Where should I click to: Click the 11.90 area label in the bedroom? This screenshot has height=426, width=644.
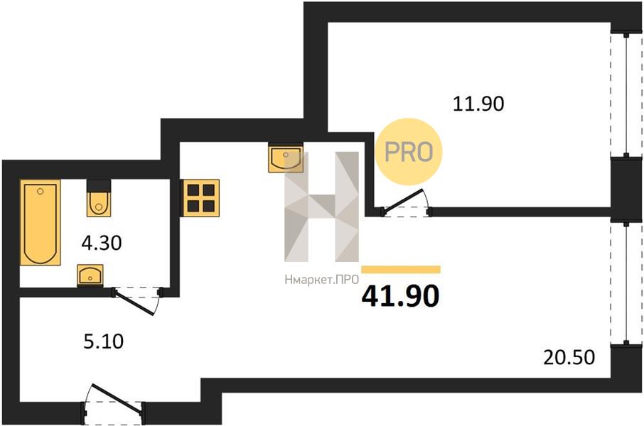pos(478,104)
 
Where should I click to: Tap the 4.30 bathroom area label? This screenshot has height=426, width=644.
pos(102,244)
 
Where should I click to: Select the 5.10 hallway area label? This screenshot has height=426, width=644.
pos(103,342)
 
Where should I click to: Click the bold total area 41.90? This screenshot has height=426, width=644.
pos(400,295)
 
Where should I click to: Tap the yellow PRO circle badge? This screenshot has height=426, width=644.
pos(409,151)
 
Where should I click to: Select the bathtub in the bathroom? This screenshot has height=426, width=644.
pos(40,222)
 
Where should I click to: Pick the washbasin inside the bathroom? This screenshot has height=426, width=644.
pos(90,274)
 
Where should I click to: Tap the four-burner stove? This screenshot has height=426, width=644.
pos(200,197)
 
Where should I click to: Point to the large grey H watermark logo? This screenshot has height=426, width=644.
pos(321,207)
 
